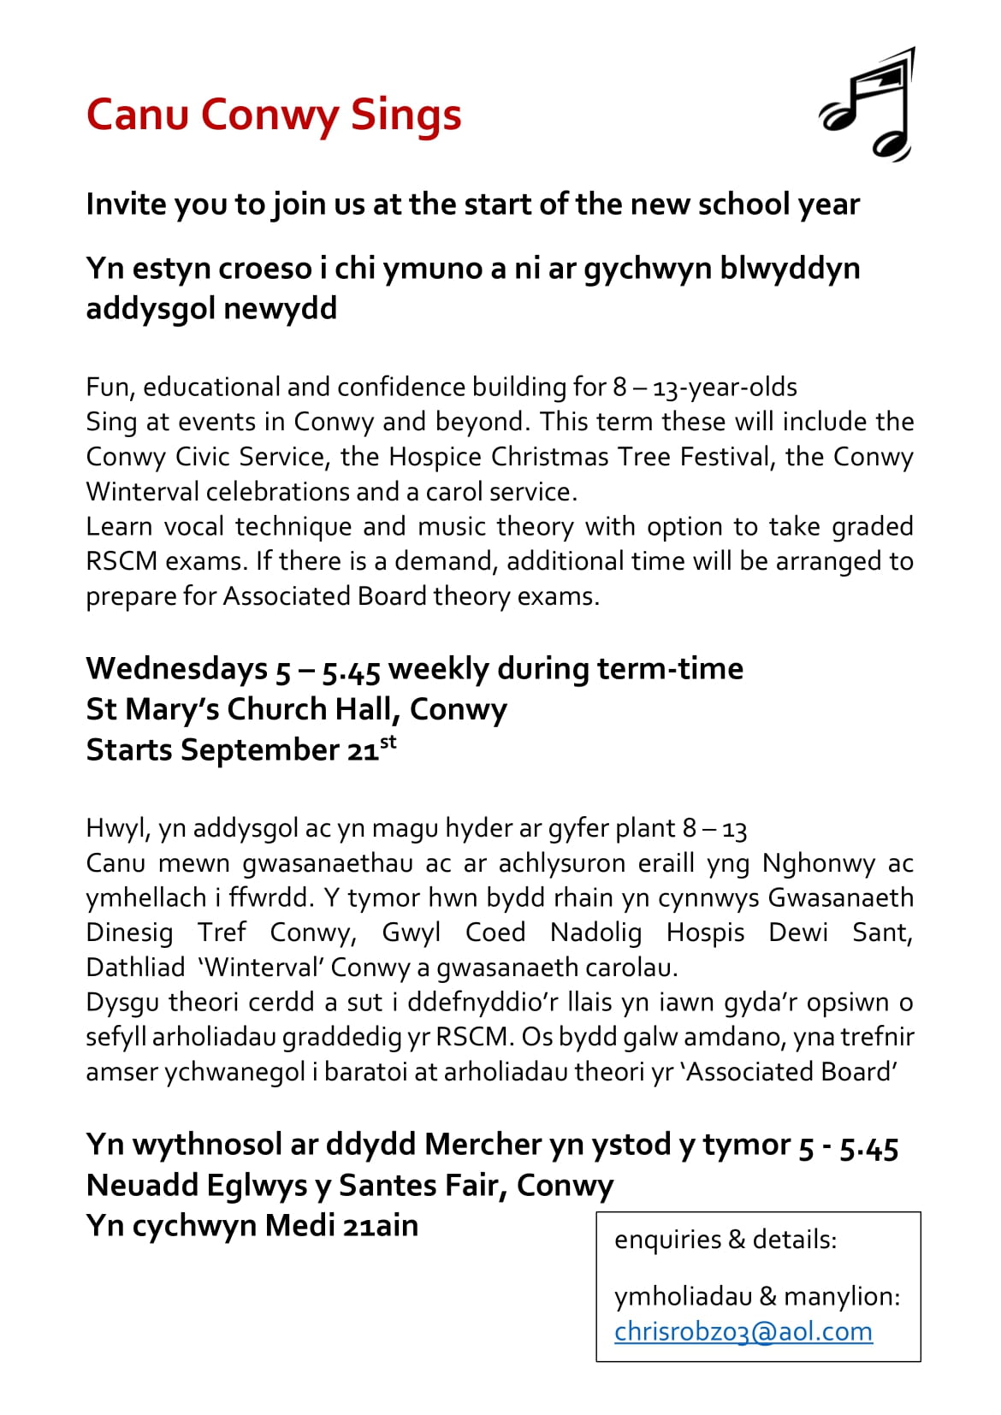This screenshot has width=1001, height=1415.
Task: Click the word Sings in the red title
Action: pos(406,115)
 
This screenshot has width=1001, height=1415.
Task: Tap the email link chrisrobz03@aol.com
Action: pos(743,1331)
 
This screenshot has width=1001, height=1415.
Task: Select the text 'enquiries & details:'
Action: pos(725,1239)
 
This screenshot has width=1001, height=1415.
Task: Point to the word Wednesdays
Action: pos(176,668)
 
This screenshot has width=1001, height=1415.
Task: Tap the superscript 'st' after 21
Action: pos(388,741)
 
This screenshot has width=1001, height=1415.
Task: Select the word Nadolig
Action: pos(595,932)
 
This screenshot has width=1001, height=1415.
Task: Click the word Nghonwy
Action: pos(818,862)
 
